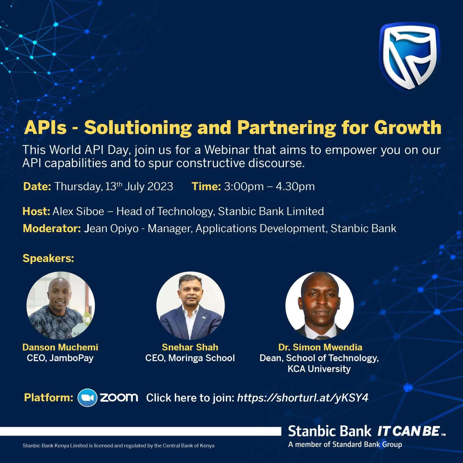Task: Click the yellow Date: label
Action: [x=37, y=186]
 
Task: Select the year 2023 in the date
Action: [x=160, y=186]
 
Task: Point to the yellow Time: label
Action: [x=206, y=186]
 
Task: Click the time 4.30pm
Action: [x=295, y=186]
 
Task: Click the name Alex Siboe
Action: [x=78, y=212]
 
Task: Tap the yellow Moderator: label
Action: [x=52, y=228]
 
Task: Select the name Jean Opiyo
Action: [x=111, y=229]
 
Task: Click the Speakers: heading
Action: [x=48, y=258]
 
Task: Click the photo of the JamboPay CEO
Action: [x=60, y=305]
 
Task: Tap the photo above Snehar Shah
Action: [x=190, y=305]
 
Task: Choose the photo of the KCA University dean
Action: [x=319, y=305]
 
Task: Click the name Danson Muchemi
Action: [x=60, y=347]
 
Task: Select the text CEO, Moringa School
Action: [x=190, y=358]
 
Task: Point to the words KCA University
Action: [x=319, y=369]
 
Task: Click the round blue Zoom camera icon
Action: [x=87, y=398]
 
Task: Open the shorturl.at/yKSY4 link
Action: [x=303, y=398]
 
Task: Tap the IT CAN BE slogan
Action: [x=409, y=431]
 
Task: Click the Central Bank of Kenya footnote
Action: [x=118, y=446]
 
